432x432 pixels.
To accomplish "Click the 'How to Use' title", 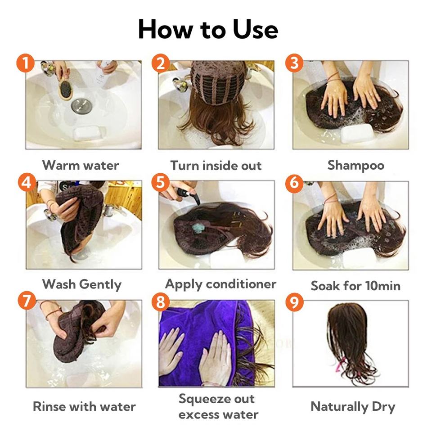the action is (208, 29).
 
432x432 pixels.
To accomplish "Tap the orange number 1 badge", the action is (25, 63).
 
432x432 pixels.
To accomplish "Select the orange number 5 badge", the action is (160, 182).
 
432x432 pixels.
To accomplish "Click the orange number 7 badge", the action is (27, 300).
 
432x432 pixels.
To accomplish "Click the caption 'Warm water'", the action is (81, 165).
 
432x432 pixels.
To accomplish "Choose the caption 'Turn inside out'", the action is (216, 166).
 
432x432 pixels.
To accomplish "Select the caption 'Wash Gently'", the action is (82, 284).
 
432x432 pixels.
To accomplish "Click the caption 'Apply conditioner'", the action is (220, 284).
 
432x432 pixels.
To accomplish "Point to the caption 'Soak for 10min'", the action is (355, 286).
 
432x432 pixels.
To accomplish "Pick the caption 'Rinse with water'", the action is (84, 406).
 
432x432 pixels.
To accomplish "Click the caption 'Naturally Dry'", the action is (353, 407).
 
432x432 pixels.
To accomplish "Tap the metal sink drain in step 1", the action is (81, 105).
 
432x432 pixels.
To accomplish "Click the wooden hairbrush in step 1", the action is (64, 88).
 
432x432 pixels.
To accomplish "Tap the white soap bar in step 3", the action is (357, 134).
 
